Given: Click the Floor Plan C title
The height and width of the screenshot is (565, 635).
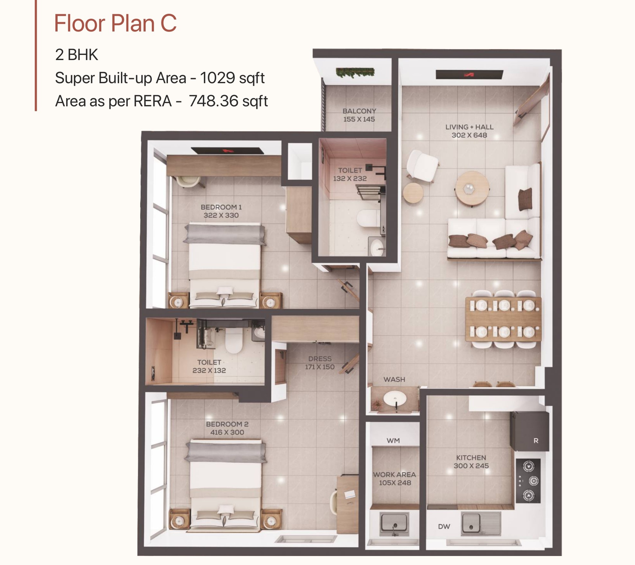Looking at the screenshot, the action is coord(115,23).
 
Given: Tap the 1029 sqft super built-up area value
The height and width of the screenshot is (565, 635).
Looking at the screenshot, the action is coord(232,78).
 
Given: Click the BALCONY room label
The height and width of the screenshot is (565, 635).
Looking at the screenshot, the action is coord(359,111).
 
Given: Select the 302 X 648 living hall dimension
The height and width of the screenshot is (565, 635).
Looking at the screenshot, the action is coord(469,135).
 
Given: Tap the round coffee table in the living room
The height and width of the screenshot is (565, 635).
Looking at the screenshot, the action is coord(472,188).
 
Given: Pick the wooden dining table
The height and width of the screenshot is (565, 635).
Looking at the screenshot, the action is coord(503,319).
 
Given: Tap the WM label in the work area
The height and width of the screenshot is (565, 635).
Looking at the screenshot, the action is coord(393,441).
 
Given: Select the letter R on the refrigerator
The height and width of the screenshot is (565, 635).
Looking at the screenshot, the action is coord(536,441).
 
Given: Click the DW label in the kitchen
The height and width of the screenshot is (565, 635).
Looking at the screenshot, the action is coord(444,526).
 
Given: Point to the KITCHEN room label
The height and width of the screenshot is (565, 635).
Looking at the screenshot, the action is coord(471,457).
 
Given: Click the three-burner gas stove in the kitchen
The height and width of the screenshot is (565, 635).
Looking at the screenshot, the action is coord(528,481).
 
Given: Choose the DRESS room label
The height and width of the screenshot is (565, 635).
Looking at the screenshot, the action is coord(320,359).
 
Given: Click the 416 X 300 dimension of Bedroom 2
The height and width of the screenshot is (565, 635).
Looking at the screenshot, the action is coord(227,432).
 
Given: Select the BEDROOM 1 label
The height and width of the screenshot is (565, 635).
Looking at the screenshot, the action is coord(221,207).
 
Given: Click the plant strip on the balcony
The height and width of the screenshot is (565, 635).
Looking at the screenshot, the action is coord(355,72).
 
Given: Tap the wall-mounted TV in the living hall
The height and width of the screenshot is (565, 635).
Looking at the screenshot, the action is coord(469,75).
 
